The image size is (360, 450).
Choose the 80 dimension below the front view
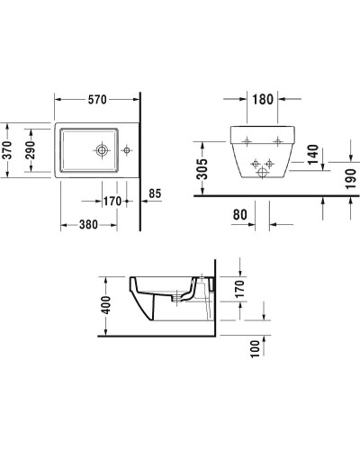pos(239,215)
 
